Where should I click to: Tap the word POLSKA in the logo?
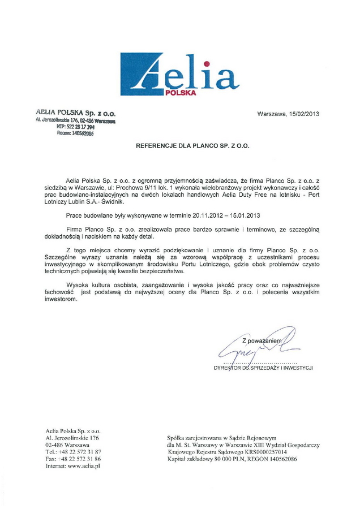coord(181,93)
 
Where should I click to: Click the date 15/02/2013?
coord(303,113)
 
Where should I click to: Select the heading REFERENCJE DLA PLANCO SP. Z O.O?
coord(192,145)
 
